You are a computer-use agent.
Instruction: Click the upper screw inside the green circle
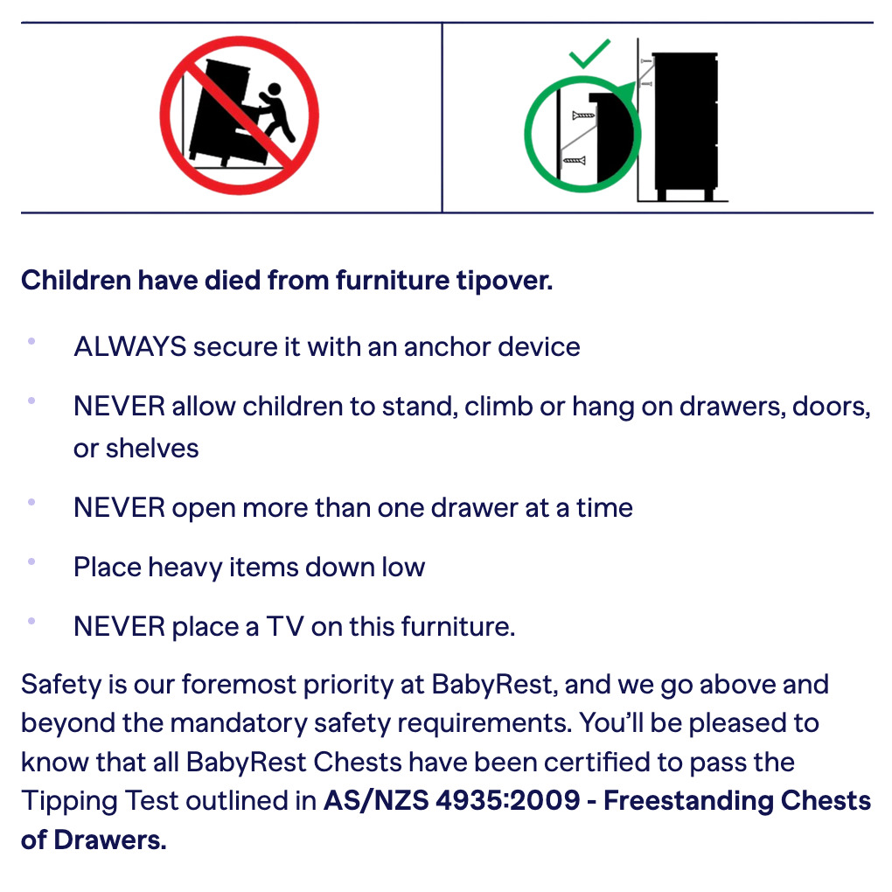(582, 115)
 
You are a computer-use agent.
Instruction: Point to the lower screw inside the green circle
(574, 160)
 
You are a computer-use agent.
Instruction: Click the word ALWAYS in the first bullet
(129, 346)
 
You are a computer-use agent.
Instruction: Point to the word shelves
(152, 448)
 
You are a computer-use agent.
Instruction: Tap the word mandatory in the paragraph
(248, 723)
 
